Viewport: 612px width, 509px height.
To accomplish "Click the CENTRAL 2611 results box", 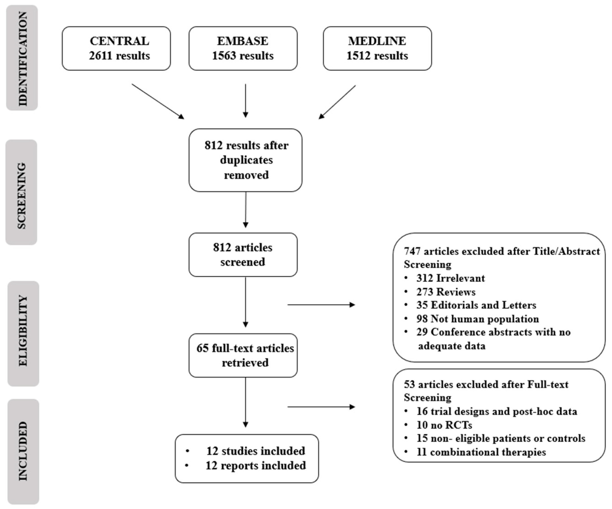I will pyautogui.click(x=116, y=48).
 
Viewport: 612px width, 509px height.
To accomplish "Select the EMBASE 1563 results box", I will pyautogui.click(x=243, y=48).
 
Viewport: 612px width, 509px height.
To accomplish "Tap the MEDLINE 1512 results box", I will pyautogui.click(x=377, y=48).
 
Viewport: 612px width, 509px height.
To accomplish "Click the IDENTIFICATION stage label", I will pyautogui.click(x=22, y=58).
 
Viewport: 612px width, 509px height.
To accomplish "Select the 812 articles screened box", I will pyautogui.click(x=243, y=254).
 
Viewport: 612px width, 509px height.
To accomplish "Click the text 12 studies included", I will pyautogui.click(x=255, y=451).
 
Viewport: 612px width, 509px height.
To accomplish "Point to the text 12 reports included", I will pyautogui.click(x=255, y=465).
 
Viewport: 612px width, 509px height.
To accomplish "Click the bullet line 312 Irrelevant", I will pyautogui.click(x=450, y=278).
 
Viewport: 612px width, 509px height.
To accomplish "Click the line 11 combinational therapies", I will pyautogui.click(x=481, y=452).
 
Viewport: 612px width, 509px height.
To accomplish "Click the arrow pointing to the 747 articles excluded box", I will pyautogui.click(x=321, y=305).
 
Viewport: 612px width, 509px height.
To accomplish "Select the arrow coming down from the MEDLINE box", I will pyautogui.click(x=337, y=102).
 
